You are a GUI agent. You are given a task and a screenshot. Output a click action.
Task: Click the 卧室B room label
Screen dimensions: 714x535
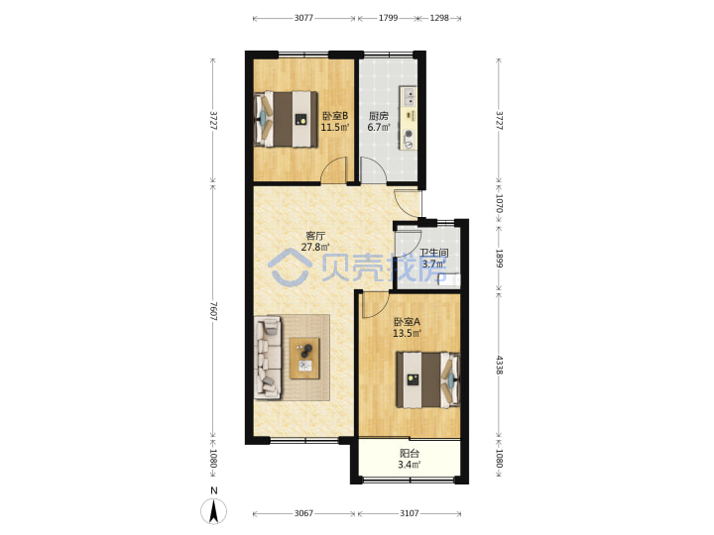click(x=335, y=116)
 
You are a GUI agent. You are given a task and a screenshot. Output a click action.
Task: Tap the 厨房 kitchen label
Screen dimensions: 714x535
click(x=379, y=116)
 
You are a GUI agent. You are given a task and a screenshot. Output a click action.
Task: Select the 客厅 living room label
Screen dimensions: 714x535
click(x=315, y=236)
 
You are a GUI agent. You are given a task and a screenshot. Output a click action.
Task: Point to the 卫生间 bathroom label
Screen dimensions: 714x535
click(x=434, y=253)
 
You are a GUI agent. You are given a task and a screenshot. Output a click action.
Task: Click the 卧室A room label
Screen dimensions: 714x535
click(x=408, y=322)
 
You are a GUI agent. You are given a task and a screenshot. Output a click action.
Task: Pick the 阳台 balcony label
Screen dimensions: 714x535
click(x=410, y=454)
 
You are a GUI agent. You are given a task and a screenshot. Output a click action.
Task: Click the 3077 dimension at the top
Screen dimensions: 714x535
click(x=303, y=18)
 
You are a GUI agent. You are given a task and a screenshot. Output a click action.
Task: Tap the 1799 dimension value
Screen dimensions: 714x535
click(x=388, y=18)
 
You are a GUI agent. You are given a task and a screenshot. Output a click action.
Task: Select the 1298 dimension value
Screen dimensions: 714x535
click(x=439, y=18)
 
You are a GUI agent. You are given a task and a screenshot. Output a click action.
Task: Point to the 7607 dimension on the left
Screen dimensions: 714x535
click(x=213, y=311)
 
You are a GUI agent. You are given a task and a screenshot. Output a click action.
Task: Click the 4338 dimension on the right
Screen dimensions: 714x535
click(x=499, y=365)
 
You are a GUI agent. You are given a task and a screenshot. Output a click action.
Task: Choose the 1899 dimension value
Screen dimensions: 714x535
click(x=499, y=258)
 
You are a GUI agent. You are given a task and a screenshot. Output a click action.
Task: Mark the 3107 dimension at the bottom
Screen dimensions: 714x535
click(x=410, y=513)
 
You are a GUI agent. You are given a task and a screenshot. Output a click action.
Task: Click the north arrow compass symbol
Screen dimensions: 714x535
click(x=213, y=510)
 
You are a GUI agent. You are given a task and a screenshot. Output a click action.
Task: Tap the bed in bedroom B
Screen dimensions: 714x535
click(x=286, y=119)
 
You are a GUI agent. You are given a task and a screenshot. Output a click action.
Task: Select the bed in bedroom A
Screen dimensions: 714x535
click(x=427, y=379)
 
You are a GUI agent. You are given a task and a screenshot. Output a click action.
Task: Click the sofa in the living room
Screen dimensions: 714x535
click(x=268, y=357)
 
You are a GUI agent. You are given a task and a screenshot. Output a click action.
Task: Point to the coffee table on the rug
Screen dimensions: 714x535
click(x=304, y=358)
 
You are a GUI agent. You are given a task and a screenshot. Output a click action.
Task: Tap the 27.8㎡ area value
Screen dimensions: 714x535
click(x=315, y=247)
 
